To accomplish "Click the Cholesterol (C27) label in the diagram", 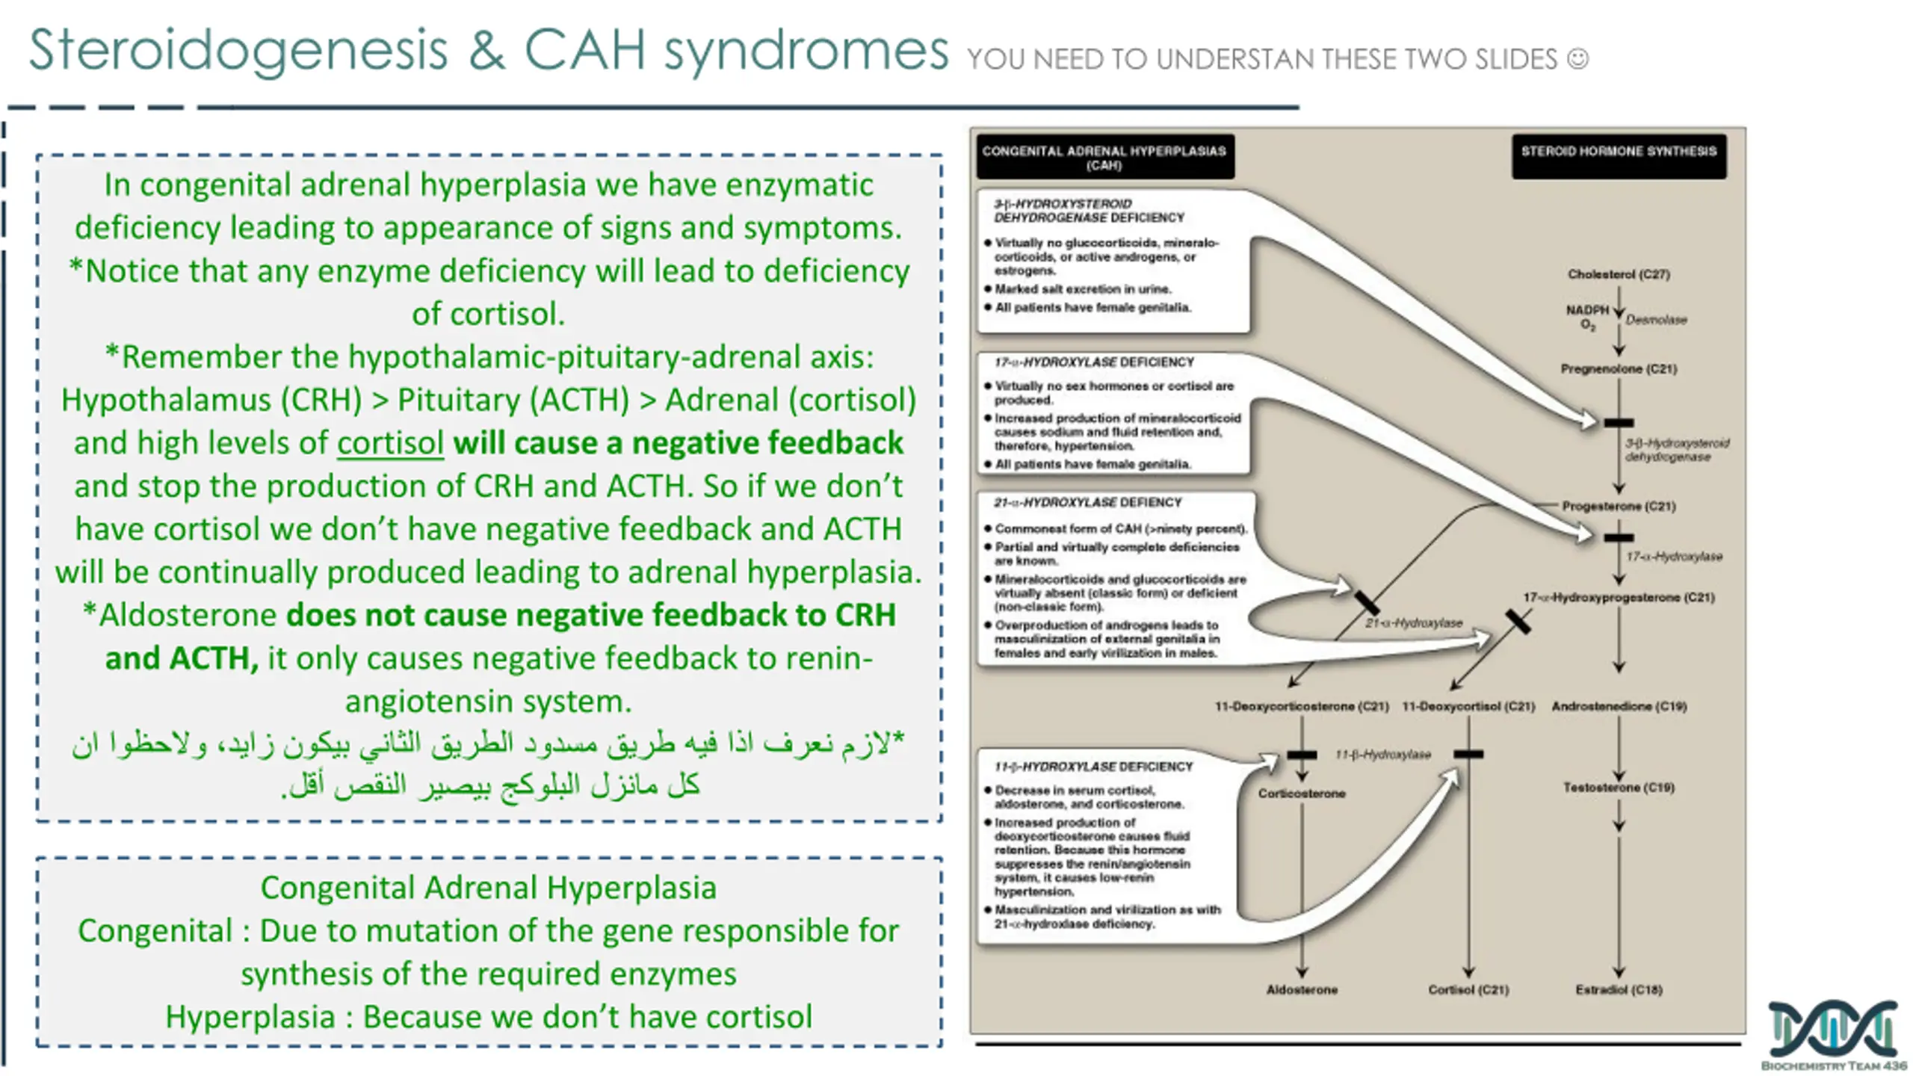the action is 1619,274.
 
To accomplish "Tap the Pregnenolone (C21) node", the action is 1619,369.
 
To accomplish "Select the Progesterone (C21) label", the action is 1619,507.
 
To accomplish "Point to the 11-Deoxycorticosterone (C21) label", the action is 1302,706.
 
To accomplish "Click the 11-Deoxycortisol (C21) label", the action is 1468,706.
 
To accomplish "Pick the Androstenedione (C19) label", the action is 1619,706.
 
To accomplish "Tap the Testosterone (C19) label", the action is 1619,788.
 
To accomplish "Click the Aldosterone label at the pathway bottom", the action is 1302,990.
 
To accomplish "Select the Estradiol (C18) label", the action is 1619,990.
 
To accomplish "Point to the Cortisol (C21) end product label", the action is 1468,990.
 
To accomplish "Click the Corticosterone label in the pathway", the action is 1302,794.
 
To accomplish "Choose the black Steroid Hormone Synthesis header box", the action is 1619,156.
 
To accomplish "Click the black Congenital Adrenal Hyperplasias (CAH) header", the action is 1105,156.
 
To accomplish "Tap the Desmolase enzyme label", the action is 1656,320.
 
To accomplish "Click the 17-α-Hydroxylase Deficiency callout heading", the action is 1094,362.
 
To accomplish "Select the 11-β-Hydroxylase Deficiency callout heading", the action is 1093,767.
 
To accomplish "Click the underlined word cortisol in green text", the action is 390,443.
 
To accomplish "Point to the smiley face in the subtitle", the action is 1577,58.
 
